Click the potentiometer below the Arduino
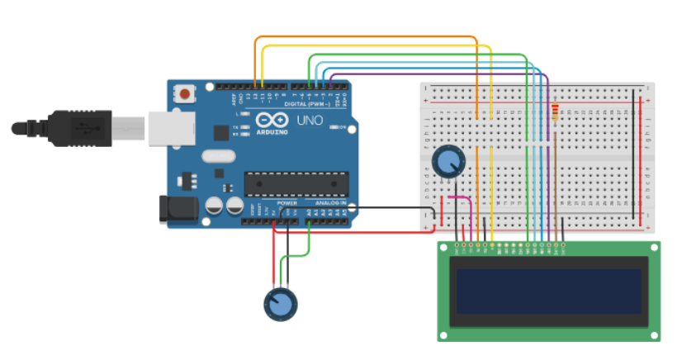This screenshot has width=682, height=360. (280, 304)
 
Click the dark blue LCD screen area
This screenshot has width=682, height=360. (548, 291)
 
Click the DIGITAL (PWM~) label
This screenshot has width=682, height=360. (306, 104)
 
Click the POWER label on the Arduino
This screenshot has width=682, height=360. (287, 203)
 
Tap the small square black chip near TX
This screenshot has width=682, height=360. (220, 132)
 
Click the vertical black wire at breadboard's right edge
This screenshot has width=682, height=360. (634, 149)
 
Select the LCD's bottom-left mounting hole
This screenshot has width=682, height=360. (445, 334)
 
